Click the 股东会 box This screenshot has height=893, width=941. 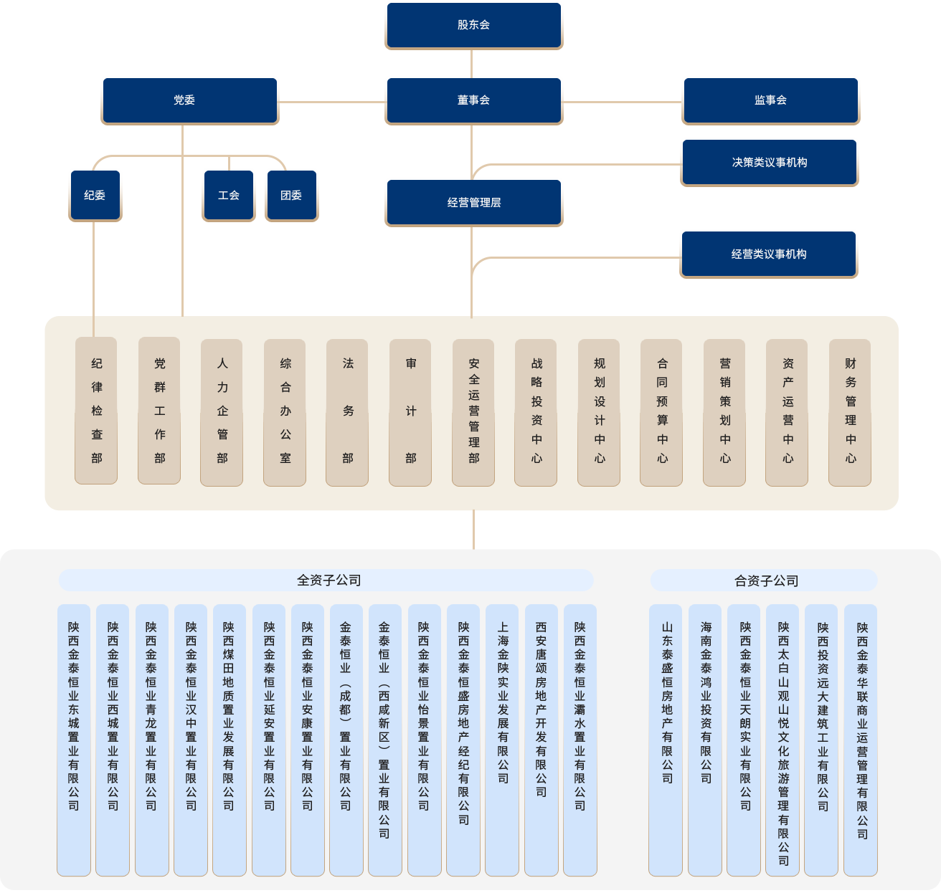click(x=473, y=25)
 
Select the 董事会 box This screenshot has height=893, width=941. click(x=473, y=100)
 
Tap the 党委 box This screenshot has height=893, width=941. click(x=189, y=100)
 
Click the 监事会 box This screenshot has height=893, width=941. click(x=770, y=100)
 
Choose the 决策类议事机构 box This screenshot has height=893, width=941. click(x=769, y=163)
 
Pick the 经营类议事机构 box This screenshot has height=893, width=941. click(x=768, y=254)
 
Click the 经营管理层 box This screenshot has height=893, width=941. click(x=473, y=202)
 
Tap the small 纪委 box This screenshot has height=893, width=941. click(x=95, y=195)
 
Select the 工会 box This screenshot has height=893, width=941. click(x=228, y=195)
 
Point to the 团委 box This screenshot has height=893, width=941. click(x=291, y=195)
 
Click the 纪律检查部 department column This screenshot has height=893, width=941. click(x=96, y=411)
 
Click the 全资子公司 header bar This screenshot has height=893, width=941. click(x=326, y=581)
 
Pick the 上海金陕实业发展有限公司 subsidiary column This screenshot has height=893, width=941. click(x=502, y=739)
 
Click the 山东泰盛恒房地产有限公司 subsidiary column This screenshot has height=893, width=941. click(x=666, y=739)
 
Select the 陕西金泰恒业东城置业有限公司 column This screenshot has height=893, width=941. click(x=74, y=739)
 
